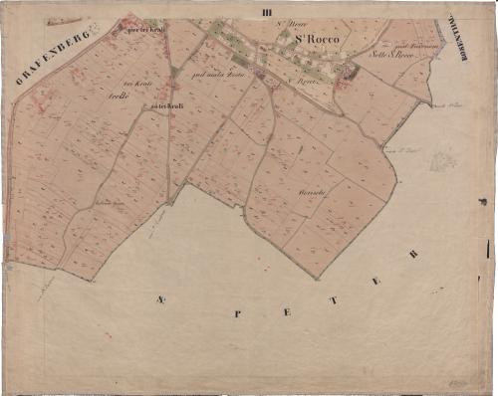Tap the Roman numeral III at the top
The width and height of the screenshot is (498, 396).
264,12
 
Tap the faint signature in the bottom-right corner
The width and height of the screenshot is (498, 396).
458,381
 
